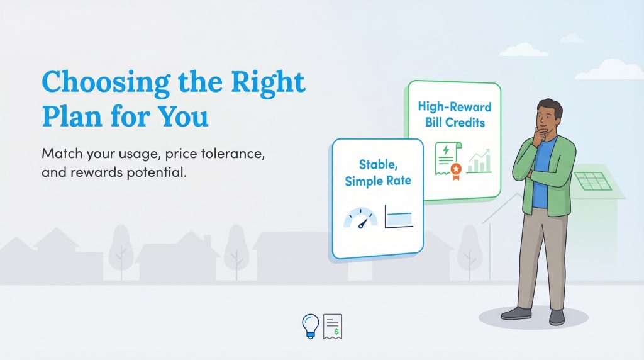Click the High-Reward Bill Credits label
tap(454, 114)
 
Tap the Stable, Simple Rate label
tap(376, 172)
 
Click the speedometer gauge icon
tap(361, 218)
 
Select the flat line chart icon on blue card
tap(398, 218)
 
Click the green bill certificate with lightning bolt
tap(447, 158)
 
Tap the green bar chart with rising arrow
tap(479, 160)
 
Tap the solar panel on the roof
tap(592, 180)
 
